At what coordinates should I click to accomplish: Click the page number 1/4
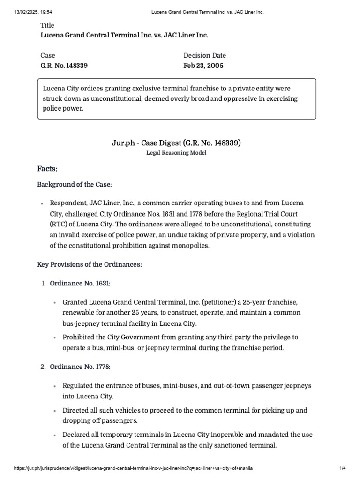343,468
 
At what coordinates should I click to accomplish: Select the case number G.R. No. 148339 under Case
64,66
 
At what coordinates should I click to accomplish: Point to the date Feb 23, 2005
203,66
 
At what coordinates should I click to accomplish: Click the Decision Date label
205,56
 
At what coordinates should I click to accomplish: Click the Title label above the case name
47,25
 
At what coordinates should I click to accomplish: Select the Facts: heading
47,169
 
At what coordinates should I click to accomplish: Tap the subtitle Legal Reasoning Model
176,153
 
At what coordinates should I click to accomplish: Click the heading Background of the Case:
75,185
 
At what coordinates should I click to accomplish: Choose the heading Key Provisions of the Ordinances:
90,265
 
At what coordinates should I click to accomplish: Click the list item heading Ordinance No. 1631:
80,284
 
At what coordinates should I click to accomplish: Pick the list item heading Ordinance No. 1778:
80,367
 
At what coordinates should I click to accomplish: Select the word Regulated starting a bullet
78,385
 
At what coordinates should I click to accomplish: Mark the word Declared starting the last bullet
77,435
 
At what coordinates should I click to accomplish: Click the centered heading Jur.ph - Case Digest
155,143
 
